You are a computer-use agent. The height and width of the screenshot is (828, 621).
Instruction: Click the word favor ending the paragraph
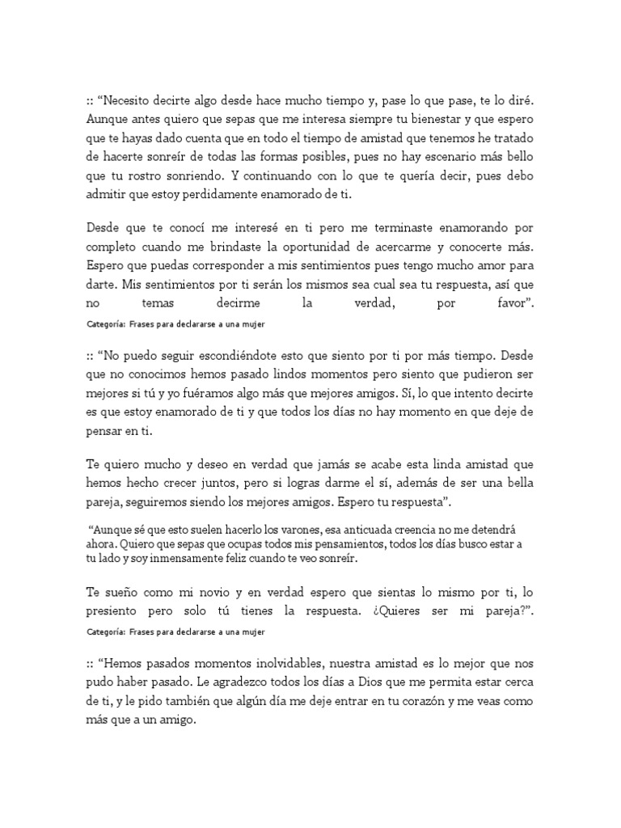click(x=509, y=304)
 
